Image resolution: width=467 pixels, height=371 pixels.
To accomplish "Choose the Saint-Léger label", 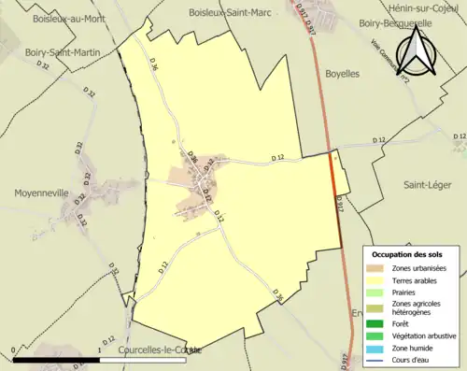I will (x=427, y=185).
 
